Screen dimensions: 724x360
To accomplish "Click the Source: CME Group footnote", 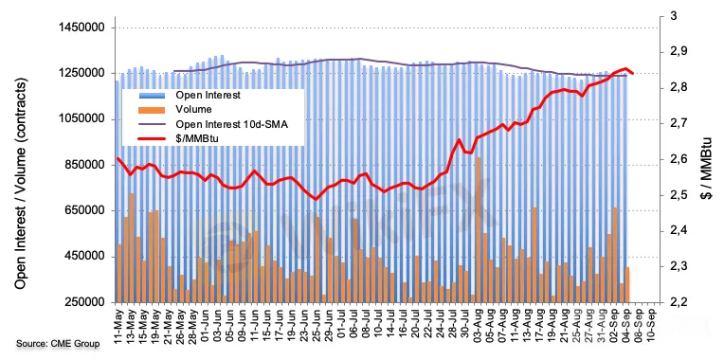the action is [58, 343].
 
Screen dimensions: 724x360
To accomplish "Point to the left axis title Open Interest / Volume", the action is [20, 183].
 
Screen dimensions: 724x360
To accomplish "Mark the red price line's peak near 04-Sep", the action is [626, 68].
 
